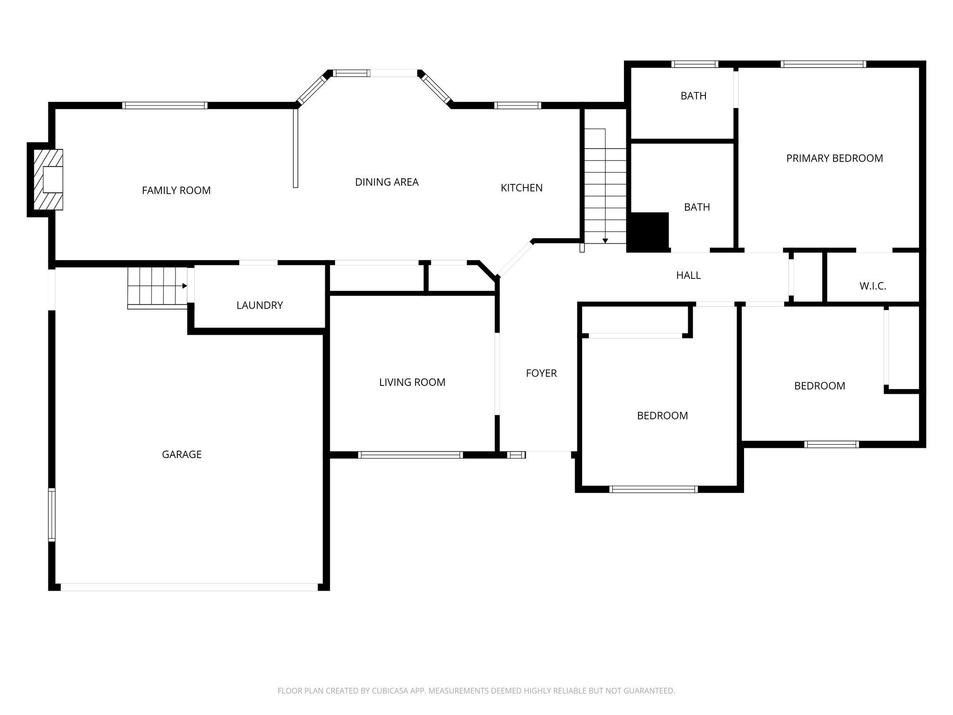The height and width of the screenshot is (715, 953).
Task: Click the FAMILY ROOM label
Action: click(176, 190)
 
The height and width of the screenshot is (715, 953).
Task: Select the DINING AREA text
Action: click(387, 182)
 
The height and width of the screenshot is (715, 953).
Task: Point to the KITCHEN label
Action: click(521, 188)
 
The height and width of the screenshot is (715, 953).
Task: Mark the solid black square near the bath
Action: click(648, 232)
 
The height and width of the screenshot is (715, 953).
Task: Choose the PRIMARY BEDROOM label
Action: click(834, 158)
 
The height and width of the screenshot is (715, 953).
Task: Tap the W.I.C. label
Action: click(872, 286)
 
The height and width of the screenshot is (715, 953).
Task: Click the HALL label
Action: click(688, 275)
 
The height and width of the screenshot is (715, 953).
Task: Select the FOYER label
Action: click(541, 373)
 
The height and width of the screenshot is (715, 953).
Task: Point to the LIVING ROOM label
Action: click(412, 382)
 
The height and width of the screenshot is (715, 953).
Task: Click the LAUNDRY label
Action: click(260, 305)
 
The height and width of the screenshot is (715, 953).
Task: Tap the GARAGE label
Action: click(181, 454)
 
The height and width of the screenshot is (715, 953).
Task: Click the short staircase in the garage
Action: click(157, 287)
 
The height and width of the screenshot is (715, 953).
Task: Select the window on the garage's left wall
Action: click(52, 514)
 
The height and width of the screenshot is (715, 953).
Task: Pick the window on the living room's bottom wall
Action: click(410, 455)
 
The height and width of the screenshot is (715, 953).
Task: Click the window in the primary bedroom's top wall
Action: click(823, 64)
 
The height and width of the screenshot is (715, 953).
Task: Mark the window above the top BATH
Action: click(694, 64)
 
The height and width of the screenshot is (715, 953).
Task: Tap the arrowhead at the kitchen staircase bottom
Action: click(605, 241)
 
